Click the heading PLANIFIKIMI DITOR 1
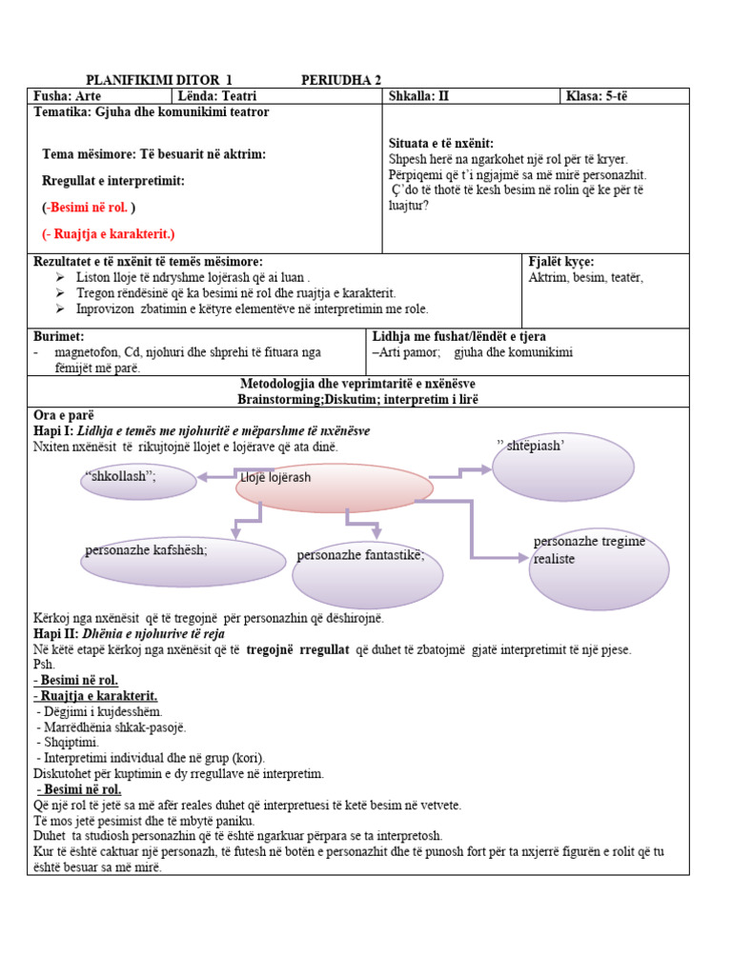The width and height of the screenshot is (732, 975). [x=159, y=80]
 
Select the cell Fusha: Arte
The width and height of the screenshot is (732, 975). [x=68, y=96]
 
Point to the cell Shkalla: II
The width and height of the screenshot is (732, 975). [x=418, y=96]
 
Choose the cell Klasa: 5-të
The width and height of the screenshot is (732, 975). [x=597, y=96]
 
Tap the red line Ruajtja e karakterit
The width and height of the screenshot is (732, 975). [x=109, y=233]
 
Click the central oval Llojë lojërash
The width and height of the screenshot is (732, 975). [x=334, y=486]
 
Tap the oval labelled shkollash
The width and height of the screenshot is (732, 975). [x=138, y=481]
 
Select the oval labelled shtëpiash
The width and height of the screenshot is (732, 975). [x=562, y=467]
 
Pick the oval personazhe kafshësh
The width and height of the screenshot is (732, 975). [x=183, y=562]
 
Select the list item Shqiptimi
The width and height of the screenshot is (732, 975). [x=69, y=742]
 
